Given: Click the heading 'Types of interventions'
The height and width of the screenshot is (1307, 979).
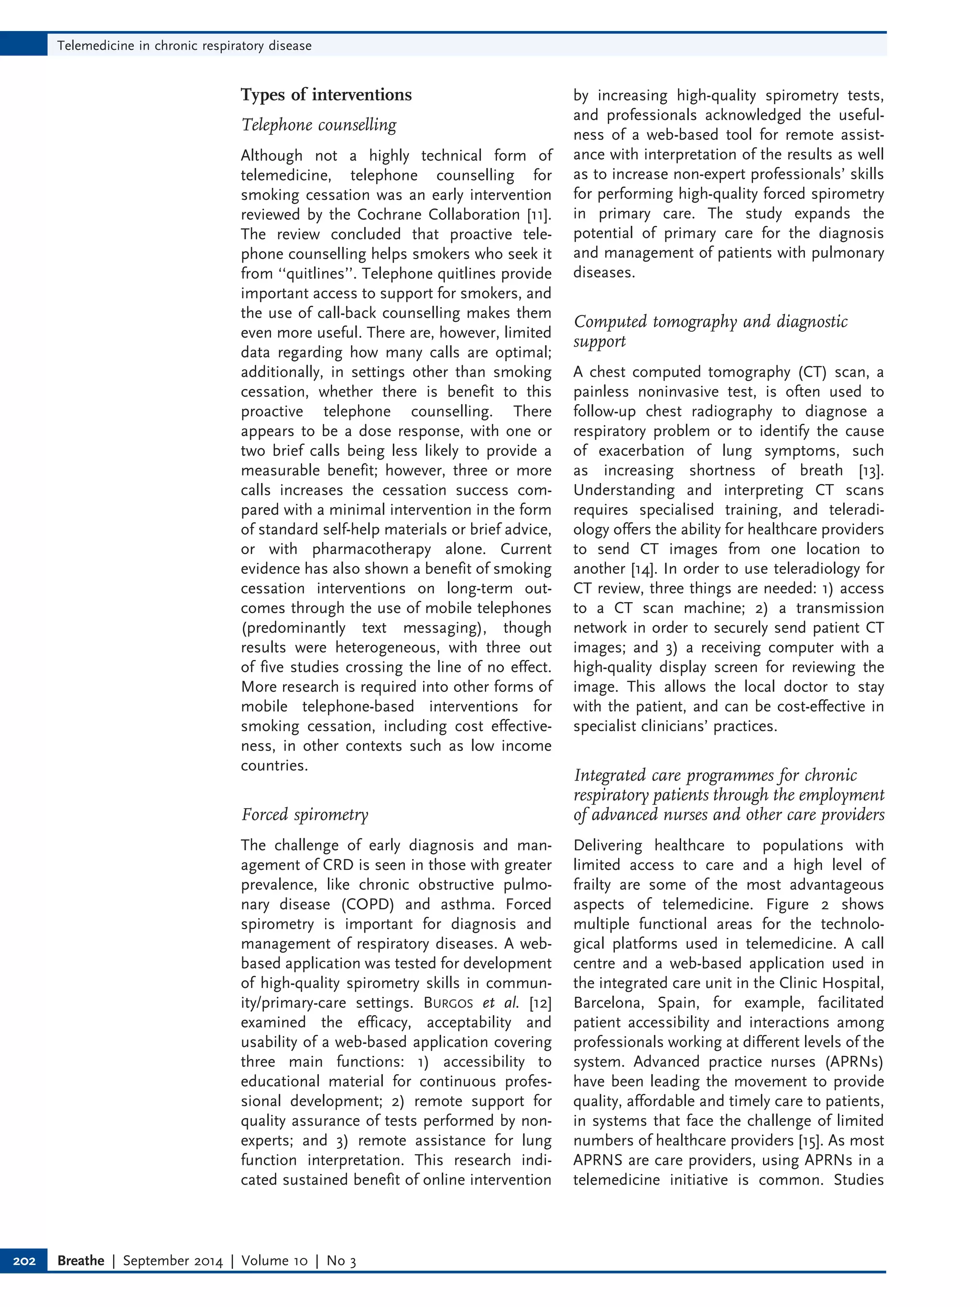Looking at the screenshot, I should click(326, 95).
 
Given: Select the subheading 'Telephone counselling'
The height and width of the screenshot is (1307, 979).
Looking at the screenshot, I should click(319, 125).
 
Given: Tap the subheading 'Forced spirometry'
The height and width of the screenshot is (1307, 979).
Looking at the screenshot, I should click(305, 815).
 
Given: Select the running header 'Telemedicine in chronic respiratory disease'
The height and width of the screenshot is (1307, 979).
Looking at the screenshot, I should click(184, 45).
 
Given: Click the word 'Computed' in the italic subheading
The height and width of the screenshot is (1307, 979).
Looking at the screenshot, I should click(610, 321).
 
